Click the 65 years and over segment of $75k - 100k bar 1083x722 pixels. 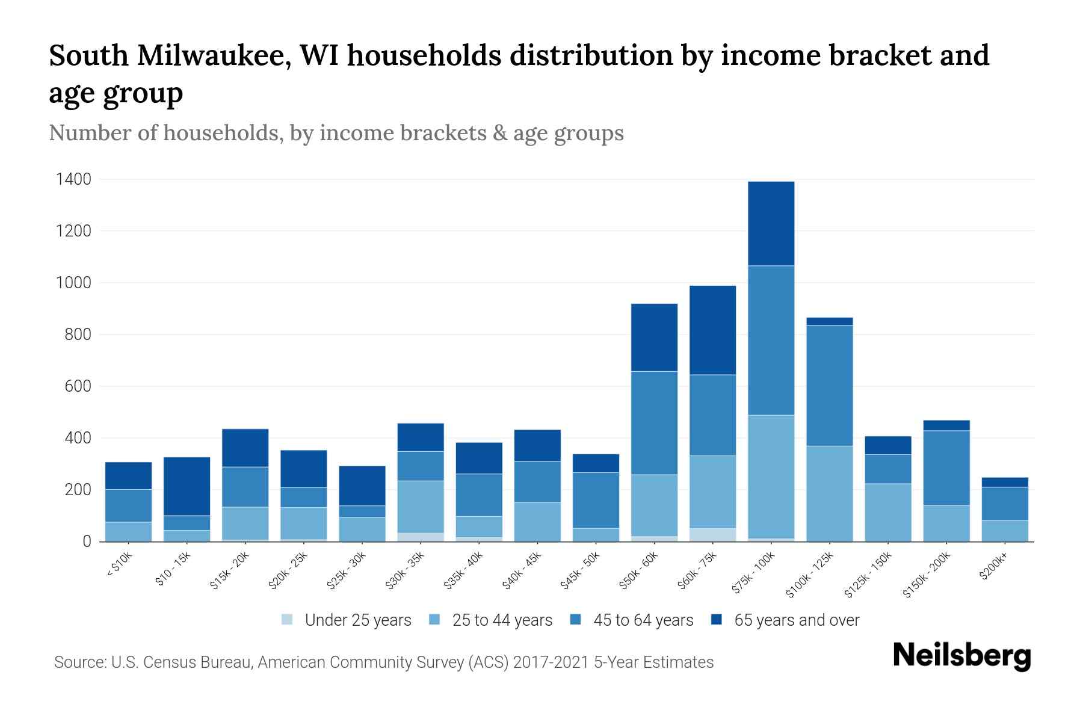click(771, 223)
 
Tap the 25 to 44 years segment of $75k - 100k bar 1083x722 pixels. click(771, 476)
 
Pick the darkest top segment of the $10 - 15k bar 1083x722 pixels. click(187, 486)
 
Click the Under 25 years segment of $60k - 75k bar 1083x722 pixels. click(712, 534)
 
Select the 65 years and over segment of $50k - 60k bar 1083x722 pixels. click(654, 337)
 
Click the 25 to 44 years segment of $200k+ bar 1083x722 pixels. click(1004, 530)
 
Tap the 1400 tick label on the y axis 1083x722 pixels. click(73, 179)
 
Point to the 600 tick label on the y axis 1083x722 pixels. click(78, 386)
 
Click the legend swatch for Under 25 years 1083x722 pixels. click(287, 620)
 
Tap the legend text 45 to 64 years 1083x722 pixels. click(643, 620)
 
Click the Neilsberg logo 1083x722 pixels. click(961, 656)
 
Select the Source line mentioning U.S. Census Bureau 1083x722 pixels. click(383, 662)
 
